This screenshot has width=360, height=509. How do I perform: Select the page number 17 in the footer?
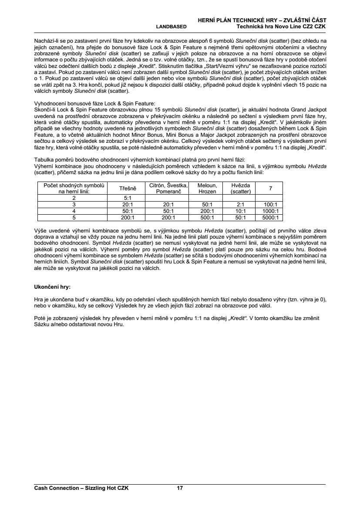pyautogui.click(x=180, y=488)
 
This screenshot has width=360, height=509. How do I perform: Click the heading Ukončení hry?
pyautogui.click(x=52, y=287)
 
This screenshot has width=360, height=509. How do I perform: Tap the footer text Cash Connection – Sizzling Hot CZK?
pyautogui.click(x=81, y=488)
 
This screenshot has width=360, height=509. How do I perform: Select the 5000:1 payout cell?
pyautogui.click(x=270, y=217)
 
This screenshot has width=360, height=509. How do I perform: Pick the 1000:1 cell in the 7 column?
pyautogui.click(x=270, y=211)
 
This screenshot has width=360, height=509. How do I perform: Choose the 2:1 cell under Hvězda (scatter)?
pyautogui.click(x=238, y=204)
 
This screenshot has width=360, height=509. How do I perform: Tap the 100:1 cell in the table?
pyautogui.click(x=270, y=204)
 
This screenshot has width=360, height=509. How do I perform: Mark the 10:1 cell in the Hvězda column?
pyautogui.click(x=238, y=211)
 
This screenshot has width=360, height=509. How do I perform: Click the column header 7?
pyautogui.click(x=270, y=188)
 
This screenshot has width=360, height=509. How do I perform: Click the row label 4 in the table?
pyautogui.click(x=74, y=211)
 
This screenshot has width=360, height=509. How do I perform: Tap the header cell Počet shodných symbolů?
pyautogui.click(x=74, y=188)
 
